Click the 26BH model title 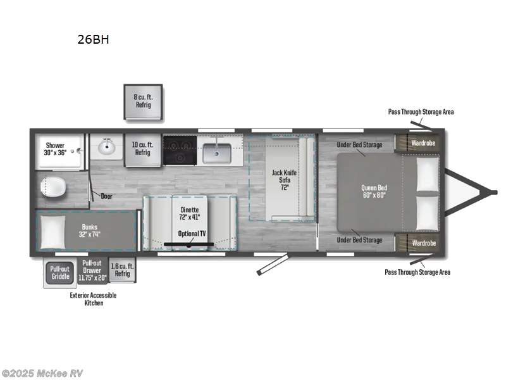93,39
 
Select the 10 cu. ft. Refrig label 142,149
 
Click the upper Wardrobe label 423,143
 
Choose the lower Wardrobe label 423,243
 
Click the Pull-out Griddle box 60,272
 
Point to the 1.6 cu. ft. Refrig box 122,270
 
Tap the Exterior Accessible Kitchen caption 93,299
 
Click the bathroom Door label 106,196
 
